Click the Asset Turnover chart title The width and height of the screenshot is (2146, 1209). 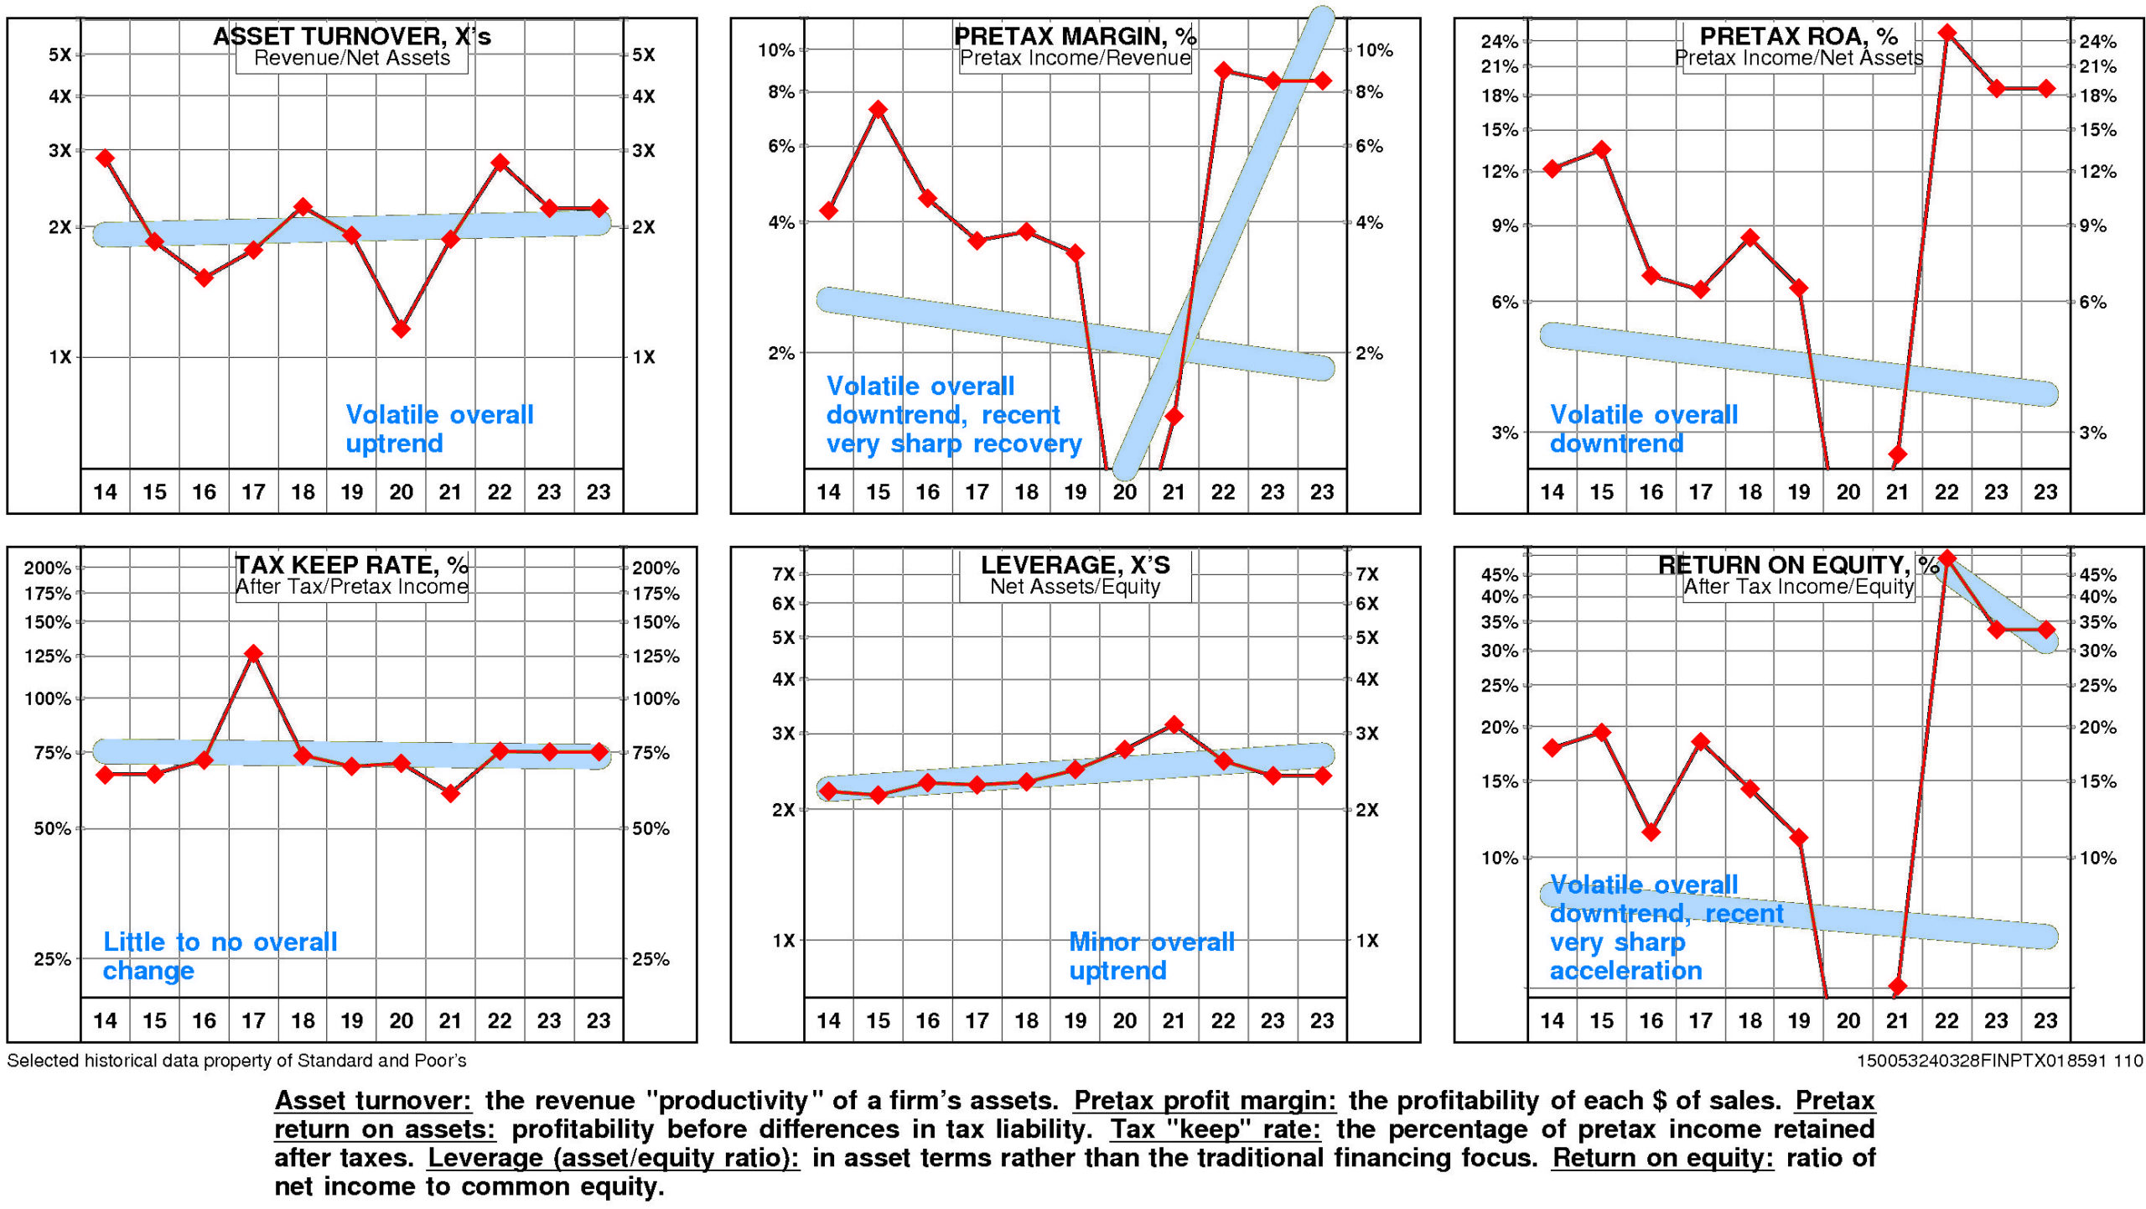(351, 36)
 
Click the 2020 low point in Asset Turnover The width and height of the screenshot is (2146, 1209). (402, 329)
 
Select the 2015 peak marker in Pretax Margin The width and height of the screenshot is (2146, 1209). (878, 109)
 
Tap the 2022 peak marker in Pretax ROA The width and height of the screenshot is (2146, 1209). (1946, 34)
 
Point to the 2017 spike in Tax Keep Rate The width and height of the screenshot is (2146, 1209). (253, 653)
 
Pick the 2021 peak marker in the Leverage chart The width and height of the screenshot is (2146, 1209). (1174, 724)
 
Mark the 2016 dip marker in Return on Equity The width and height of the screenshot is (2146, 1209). (1651, 832)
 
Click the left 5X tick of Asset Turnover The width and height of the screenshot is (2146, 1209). (60, 54)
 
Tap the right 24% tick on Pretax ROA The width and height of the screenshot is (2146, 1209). (2097, 41)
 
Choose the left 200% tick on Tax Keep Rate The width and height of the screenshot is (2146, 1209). (48, 568)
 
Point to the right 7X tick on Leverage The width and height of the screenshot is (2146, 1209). (1367, 574)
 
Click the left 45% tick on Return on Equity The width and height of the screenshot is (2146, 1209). (1499, 574)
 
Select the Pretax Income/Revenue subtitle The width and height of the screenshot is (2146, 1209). (1075, 58)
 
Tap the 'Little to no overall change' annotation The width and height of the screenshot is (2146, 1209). (220, 956)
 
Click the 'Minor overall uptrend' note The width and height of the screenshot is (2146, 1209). (1151, 956)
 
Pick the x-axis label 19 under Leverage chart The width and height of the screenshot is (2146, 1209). (1076, 1020)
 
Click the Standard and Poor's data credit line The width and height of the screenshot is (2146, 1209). (236, 1061)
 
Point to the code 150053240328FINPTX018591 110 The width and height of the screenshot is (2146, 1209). (1999, 1061)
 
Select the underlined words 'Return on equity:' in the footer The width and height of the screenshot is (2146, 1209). (1661, 1158)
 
